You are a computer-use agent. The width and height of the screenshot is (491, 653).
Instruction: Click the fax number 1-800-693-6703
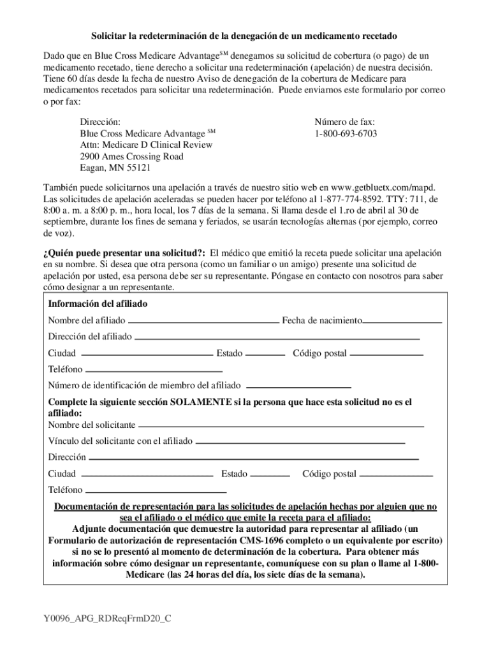click(x=345, y=133)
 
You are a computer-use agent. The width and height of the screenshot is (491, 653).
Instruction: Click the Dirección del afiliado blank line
click(x=277, y=338)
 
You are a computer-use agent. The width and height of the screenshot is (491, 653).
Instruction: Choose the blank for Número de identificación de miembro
click(x=298, y=387)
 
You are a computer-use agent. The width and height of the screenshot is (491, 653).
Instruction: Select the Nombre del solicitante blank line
click(x=281, y=426)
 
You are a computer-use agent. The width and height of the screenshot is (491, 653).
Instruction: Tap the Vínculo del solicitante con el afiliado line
click(x=300, y=442)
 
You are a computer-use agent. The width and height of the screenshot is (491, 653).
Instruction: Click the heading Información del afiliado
click(x=98, y=304)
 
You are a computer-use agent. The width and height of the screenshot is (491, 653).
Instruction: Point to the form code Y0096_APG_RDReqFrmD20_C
click(x=108, y=619)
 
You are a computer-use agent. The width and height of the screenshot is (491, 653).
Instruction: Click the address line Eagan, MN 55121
click(x=115, y=168)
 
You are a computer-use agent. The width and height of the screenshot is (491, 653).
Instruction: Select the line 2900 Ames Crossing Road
click(x=131, y=157)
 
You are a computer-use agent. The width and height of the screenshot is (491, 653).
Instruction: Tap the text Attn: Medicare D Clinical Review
click(x=146, y=145)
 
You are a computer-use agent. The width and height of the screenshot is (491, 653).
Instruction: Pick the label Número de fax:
click(x=345, y=122)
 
